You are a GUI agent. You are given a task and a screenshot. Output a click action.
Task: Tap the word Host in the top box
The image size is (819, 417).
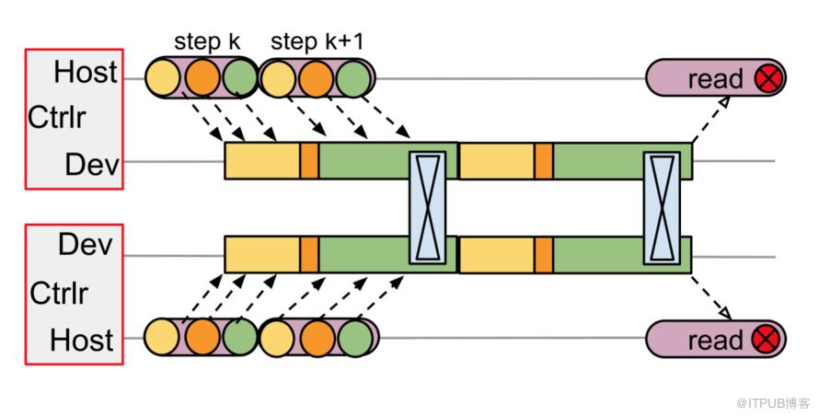coord(85,72)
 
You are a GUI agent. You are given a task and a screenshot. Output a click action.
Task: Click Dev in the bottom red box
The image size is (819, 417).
coord(85,245)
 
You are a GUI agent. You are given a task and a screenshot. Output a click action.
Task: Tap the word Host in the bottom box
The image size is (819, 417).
coord(82,340)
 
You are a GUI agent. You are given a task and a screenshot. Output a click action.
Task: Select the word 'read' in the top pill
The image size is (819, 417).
coord(715,79)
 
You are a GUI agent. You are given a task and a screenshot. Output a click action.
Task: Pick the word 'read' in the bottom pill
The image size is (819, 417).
coord(715,340)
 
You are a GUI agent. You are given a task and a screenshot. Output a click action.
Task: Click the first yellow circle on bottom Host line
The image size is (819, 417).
coord(164,338)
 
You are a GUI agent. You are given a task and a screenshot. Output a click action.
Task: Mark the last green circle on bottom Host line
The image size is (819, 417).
coord(353,338)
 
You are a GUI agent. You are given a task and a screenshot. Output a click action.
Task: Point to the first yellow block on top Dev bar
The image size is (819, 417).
coord(262,161)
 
